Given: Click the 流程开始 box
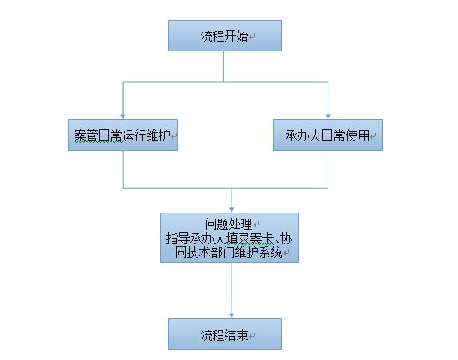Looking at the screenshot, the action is [x=225, y=36].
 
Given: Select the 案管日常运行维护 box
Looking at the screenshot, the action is [x=123, y=135].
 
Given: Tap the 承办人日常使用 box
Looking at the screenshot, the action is [x=328, y=135].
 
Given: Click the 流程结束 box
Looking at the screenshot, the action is [x=225, y=333].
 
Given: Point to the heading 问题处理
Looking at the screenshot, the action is [x=228, y=224].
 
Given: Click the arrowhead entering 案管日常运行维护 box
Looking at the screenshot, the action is [x=123, y=117].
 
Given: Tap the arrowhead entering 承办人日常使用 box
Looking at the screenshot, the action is [x=328, y=117].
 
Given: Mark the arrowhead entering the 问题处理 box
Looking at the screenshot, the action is [x=232, y=210].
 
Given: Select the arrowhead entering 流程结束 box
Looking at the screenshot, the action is [x=232, y=315].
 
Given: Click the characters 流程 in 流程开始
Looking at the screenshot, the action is [x=212, y=37].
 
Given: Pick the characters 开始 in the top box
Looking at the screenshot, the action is [x=236, y=37].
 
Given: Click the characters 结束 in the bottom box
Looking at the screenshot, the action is [x=236, y=335].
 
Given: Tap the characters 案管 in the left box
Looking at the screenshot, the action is [x=86, y=135].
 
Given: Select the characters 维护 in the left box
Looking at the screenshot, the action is [x=159, y=135].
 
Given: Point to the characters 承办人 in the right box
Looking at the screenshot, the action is [x=304, y=135].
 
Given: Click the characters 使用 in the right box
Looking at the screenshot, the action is [x=358, y=135].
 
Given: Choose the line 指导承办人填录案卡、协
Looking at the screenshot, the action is [x=229, y=238].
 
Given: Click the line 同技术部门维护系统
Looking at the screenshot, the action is [x=229, y=252].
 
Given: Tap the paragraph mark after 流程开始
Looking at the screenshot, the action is [x=251, y=37].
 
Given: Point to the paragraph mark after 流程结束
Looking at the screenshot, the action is [x=251, y=336].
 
